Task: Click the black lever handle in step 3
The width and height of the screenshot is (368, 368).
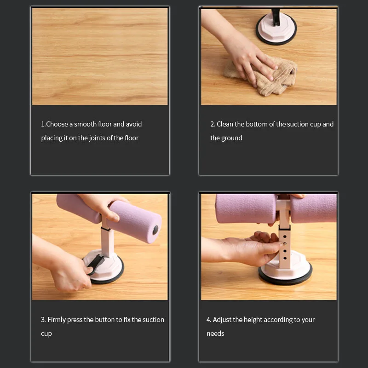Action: [96, 263]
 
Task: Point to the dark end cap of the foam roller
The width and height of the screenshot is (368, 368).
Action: [155, 230]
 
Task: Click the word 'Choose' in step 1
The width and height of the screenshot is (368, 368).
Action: [57, 124]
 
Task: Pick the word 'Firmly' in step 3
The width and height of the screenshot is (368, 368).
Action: [57, 320]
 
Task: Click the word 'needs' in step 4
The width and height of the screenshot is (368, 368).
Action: [215, 333]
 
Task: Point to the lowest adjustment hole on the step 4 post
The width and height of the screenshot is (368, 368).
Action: [285, 258]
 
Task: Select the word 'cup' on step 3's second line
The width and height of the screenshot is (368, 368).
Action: [46, 334]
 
